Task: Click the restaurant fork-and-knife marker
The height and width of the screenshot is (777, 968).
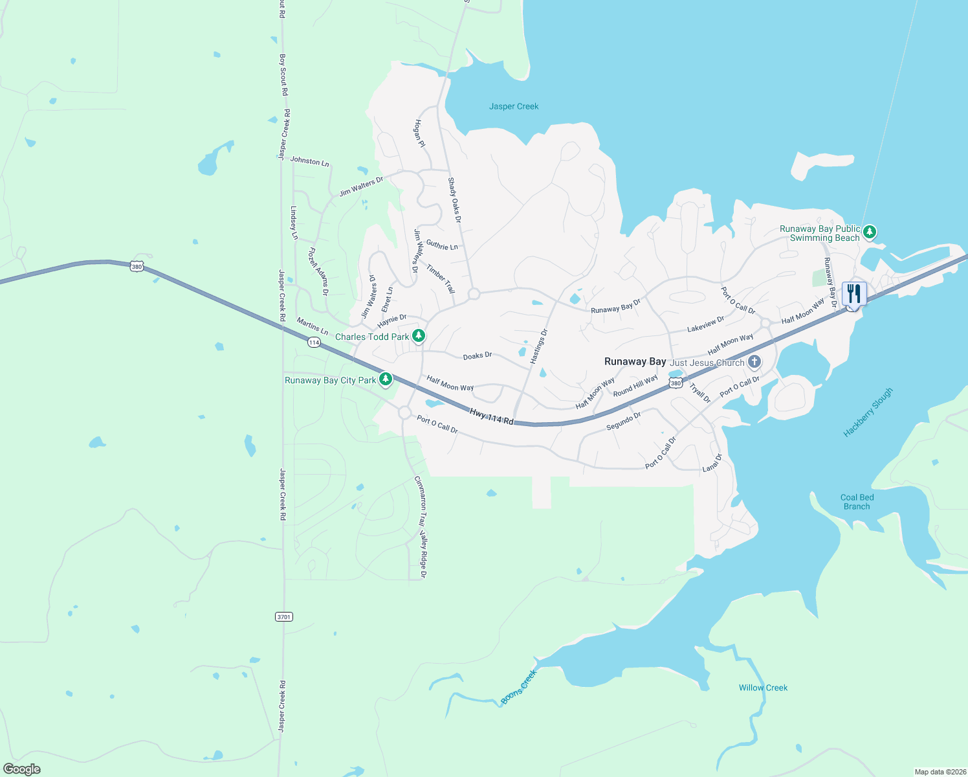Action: [854, 294]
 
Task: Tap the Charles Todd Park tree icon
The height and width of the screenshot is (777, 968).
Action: [419, 335]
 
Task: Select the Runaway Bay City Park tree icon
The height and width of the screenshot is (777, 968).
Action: [386, 379]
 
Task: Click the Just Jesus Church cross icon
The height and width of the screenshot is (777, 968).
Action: [754, 361]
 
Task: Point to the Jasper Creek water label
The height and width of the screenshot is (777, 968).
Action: [514, 106]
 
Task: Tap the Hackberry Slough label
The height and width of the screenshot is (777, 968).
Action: [868, 412]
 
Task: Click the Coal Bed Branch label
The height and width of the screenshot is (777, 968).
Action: [857, 502]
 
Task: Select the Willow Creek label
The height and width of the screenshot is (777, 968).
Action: [763, 688]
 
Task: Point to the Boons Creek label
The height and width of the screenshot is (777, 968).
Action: [519, 687]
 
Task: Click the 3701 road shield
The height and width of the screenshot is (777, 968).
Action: [284, 616]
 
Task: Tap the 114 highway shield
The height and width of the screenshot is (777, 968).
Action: [314, 342]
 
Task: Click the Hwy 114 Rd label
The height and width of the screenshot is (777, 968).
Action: [491, 416]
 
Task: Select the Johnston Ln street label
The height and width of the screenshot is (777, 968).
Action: [309, 161]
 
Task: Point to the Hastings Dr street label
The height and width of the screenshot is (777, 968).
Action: [538, 346]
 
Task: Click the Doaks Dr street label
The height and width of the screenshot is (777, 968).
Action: [478, 356]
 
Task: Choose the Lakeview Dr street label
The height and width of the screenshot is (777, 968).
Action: [705, 324]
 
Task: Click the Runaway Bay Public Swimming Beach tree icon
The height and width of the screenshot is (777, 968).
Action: [870, 231]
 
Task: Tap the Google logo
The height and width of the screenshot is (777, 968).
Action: [21, 769]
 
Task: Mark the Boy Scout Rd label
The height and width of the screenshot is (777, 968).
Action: [283, 74]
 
